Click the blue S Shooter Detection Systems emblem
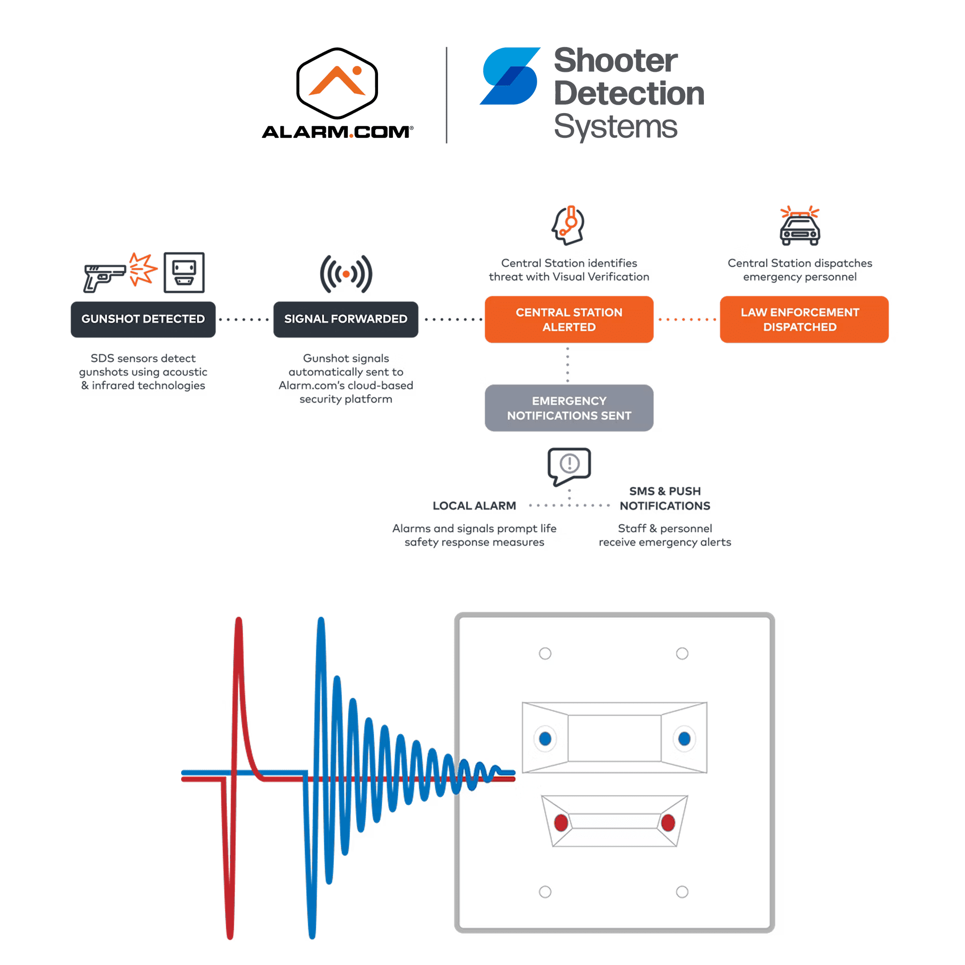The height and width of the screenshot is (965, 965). [x=510, y=76]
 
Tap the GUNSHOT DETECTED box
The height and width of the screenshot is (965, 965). [x=143, y=319]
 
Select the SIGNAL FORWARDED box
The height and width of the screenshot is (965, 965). [x=345, y=319]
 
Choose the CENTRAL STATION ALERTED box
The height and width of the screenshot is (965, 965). [x=569, y=320]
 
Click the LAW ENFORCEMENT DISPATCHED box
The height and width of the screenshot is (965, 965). [x=799, y=320]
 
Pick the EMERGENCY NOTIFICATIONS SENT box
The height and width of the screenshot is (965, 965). [x=569, y=408]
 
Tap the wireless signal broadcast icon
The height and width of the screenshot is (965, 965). [x=346, y=274]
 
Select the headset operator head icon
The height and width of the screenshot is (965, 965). [x=568, y=225]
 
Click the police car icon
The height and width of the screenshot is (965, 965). [x=800, y=227]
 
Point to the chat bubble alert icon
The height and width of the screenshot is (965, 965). [x=570, y=465]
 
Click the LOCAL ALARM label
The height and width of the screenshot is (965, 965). [x=474, y=506]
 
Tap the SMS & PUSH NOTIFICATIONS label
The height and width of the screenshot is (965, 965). [x=665, y=499]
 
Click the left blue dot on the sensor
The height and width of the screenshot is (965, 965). [x=545, y=739]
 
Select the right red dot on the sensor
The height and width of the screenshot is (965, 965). [x=668, y=822]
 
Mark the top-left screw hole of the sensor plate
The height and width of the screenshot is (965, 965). [x=545, y=654]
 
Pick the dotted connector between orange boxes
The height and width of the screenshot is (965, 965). [x=687, y=320]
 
